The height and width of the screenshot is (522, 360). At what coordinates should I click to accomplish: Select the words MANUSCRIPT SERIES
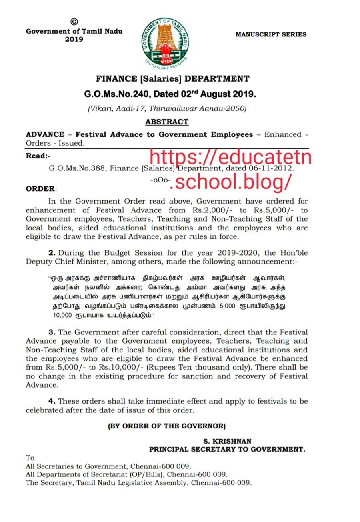point(271,34)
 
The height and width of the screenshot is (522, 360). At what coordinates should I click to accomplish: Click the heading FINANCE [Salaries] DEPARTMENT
point(172,79)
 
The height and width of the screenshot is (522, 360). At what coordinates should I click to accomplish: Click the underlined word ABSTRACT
point(166,122)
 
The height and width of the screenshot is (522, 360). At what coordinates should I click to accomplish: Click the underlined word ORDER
point(41,188)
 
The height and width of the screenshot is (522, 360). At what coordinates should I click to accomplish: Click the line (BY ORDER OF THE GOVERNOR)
point(167,426)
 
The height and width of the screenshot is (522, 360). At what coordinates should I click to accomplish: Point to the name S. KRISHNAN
point(227,441)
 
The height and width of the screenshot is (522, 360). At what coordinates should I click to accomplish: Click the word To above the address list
point(30,458)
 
